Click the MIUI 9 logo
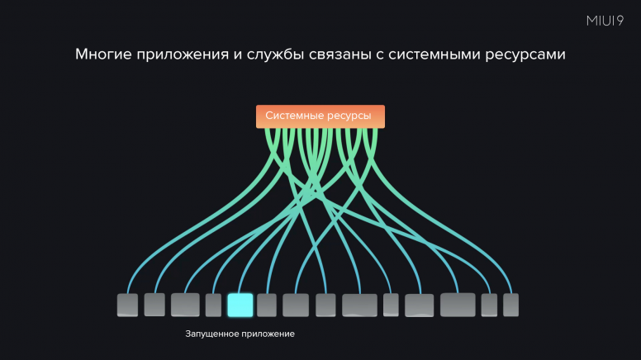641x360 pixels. tap(605, 21)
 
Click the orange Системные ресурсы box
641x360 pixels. tap(320, 116)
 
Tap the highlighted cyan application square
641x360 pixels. tap(240, 305)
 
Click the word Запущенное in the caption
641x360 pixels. tap(211, 334)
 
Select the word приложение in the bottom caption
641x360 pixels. tap(267, 334)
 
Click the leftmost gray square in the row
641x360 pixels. tap(127, 305)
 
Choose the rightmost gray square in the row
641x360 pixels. tap(510, 305)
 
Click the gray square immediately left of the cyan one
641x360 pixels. tap(213, 305)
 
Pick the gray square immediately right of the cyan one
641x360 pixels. tap(267, 305)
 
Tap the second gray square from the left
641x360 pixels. tap(154, 305)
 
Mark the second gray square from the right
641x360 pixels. tap(489, 305)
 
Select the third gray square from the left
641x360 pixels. tap(185, 305)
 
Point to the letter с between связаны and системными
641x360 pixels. tap(380, 55)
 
